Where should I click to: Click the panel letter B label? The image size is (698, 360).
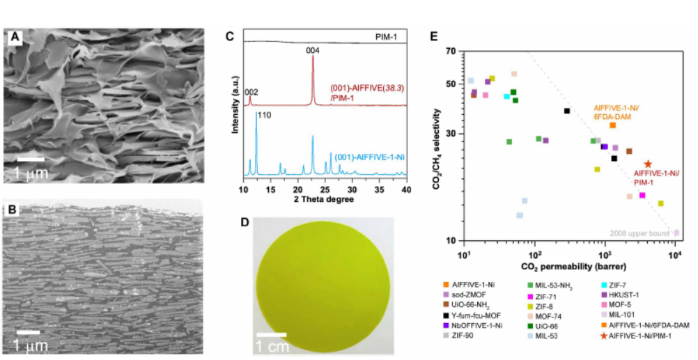pos(13,210)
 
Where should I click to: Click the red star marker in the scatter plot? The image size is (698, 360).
pos(648,164)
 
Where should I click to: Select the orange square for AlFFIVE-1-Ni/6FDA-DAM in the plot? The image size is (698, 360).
pos(612,125)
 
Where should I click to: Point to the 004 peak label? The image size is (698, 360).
pos(313,50)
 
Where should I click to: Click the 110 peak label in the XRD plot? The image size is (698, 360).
pos(264,116)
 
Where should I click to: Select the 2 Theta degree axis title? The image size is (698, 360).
pos(324,199)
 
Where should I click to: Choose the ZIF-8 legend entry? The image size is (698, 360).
pos(550,315)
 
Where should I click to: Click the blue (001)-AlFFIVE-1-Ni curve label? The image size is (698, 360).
pos(370,157)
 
